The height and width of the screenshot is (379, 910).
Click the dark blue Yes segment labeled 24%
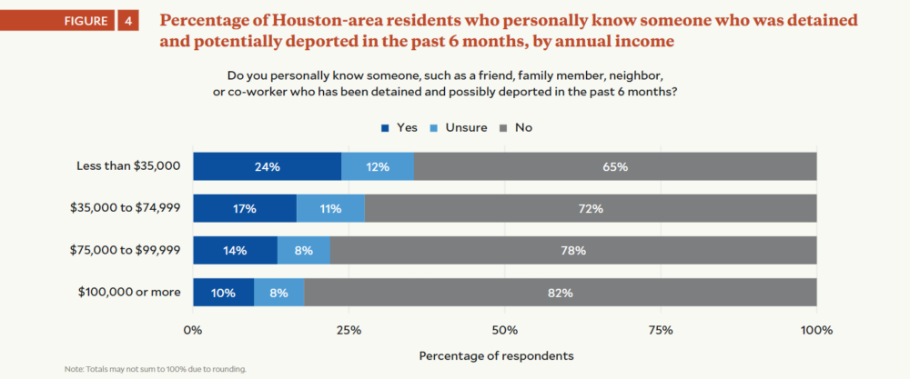pyautogui.click(x=268, y=167)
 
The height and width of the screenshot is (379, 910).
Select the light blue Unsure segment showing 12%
pyautogui.click(x=378, y=167)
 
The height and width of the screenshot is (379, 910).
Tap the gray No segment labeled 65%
pyautogui.click(x=615, y=167)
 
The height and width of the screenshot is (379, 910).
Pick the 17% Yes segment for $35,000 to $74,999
pyautogui.click(x=245, y=209)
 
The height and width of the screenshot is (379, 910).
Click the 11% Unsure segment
pyautogui.click(x=330, y=209)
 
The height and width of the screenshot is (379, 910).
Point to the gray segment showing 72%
pyautogui.click(x=591, y=209)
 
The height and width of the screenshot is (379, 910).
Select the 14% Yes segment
pyautogui.click(x=235, y=251)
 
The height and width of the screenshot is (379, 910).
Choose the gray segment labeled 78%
pyautogui.click(x=573, y=251)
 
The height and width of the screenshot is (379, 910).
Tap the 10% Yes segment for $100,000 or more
pyautogui.click(x=224, y=293)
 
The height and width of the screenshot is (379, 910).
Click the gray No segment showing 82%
pyautogui.click(x=561, y=293)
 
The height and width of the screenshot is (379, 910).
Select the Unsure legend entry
pyautogui.click(x=459, y=128)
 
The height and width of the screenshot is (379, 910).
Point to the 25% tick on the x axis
pyautogui.click(x=349, y=330)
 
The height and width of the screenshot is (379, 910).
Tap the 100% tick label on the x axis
pyautogui.click(x=816, y=330)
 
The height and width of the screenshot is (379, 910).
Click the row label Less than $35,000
pyautogui.click(x=130, y=166)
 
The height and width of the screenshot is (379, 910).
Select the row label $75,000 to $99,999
pyautogui.click(x=126, y=250)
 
